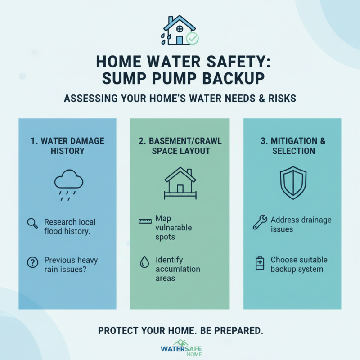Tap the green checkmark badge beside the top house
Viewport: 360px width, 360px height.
192,39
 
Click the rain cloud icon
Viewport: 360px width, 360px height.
68,184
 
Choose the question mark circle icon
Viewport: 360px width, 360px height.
32,262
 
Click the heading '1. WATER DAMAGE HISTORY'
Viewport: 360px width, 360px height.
67,145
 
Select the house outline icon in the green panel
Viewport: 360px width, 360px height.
179,184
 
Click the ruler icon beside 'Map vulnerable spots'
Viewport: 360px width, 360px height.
144,221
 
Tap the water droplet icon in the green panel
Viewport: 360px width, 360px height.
144,262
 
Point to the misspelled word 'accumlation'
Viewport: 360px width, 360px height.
178,269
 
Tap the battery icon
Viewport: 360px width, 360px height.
259,263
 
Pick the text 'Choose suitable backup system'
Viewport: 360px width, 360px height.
299,265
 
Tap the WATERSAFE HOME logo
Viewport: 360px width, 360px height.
180,347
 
